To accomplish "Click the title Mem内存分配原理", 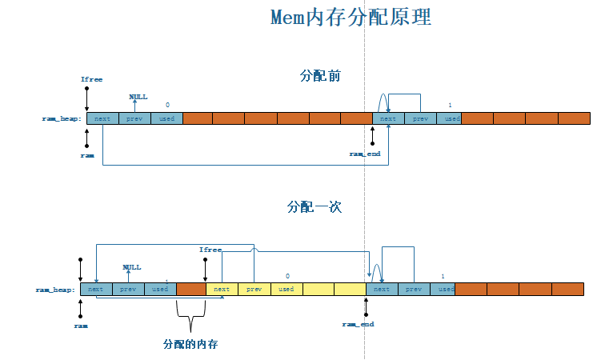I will pyautogui.click(x=350, y=18).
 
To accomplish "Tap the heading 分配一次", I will pyautogui.click(x=315, y=206).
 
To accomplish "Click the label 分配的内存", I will pyautogui.click(x=190, y=344).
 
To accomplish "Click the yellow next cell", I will pyautogui.click(x=222, y=289).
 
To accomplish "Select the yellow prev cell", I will pyautogui.click(x=254, y=289).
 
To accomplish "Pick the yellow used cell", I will pyautogui.click(x=286, y=289).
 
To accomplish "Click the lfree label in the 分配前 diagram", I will pyautogui.click(x=91, y=80).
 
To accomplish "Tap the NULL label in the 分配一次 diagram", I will pyautogui.click(x=131, y=267).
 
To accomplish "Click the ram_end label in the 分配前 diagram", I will pyautogui.click(x=364, y=153).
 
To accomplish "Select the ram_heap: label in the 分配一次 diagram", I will pyautogui.click(x=55, y=289).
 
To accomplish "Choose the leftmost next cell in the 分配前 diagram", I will pyautogui.click(x=102, y=118).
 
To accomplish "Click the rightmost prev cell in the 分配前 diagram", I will pyautogui.click(x=420, y=118).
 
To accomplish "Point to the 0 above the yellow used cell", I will pyautogui.click(x=286, y=276).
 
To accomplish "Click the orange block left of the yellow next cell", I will pyautogui.click(x=190, y=289).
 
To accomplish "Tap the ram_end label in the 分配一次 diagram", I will pyautogui.click(x=358, y=324).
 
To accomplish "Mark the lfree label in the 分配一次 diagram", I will pyautogui.click(x=210, y=250).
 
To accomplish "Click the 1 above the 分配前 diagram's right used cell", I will pyautogui.click(x=450, y=106).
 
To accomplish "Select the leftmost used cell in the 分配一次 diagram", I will pyautogui.click(x=160, y=289).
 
